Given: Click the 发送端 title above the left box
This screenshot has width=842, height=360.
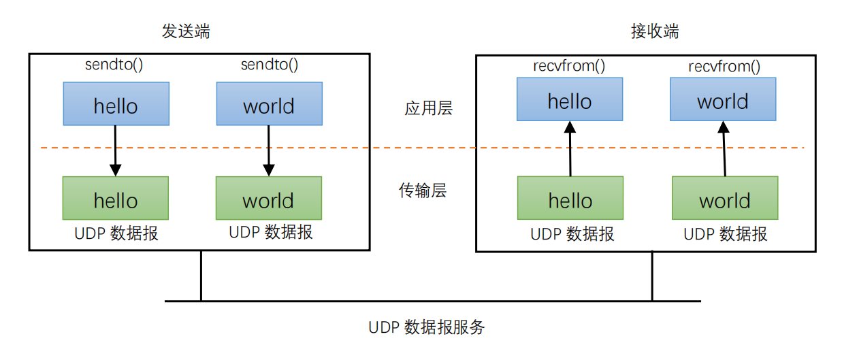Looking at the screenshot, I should pyautogui.click(x=185, y=31).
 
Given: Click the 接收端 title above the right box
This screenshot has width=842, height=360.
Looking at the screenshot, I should pyautogui.click(x=654, y=31).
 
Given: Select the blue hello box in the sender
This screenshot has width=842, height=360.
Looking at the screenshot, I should pyautogui.click(x=116, y=104).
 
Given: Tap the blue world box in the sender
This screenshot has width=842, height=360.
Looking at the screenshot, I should pyautogui.click(x=269, y=104).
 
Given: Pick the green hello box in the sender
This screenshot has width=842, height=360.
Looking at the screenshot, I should pyautogui.click(x=116, y=198).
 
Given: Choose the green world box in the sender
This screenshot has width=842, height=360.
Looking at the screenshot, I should pyautogui.click(x=269, y=198).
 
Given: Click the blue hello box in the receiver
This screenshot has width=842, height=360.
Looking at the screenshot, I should pyautogui.click(x=570, y=99).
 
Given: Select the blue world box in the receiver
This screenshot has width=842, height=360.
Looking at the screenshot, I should pyautogui.click(x=723, y=99).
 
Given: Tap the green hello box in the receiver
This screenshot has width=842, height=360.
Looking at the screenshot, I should pyautogui.click(x=570, y=198).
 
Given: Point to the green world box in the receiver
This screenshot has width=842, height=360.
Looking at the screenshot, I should pyautogui.click(x=725, y=198).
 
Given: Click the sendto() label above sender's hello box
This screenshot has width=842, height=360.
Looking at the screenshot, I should pyautogui.click(x=114, y=65).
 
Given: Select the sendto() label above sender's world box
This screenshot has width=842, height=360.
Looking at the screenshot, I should pyautogui.click(x=270, y=65).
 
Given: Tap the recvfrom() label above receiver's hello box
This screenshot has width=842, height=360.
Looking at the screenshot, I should pyautogui.click(x=569, y=67).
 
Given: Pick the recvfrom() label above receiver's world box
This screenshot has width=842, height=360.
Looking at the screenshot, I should pyautogui.click(x=724, y=67).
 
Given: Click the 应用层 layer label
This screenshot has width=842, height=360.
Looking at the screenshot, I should pyautogui.click(x=428, y=108).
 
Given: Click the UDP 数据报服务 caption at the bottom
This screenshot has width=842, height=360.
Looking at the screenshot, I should pyautogui.click(x=427, y=327).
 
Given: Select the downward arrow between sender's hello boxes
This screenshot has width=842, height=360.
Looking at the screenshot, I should pyautogui.click(x=115, y=150).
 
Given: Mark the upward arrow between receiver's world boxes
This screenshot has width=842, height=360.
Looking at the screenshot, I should pyautogui.click(x=724, y=149).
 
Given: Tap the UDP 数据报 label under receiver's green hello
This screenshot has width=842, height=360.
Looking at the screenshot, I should pyautogui.click(x=572, y=235).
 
